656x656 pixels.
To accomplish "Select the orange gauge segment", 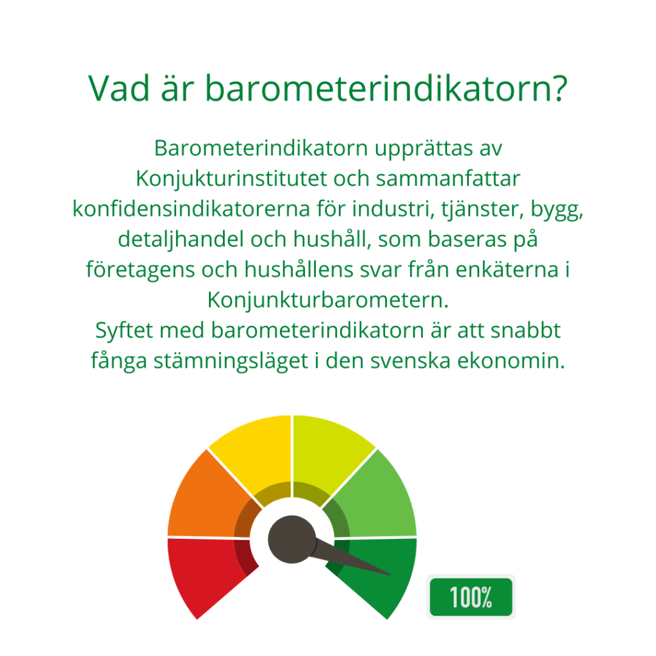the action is [x=205, y=498].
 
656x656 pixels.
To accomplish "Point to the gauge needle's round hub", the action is [x=292, y=539].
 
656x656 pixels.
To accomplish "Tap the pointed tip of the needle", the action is [x=391, y=575].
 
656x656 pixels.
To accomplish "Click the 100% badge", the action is [x=471, y=597].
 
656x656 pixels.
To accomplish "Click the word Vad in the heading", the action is [x=119, y=88].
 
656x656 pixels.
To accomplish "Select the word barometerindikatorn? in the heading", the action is [x=386, y=88].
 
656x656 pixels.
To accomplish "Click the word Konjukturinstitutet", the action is [x=231, y=179].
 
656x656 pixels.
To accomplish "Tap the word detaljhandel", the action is [x=181, y=240].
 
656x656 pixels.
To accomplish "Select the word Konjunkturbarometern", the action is [x=328, y=300].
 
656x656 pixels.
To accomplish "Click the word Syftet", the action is [x=124, y=331].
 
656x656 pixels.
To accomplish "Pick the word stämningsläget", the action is [x=231, y=361].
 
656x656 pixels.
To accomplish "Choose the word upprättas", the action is [x=423, y=149].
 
